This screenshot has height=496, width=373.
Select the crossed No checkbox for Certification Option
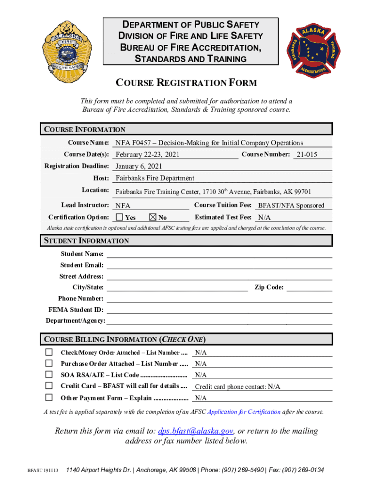[153, 217]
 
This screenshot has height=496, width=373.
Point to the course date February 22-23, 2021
[148, 155]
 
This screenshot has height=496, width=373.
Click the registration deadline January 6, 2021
[139, 167]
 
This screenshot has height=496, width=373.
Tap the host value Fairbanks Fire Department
[155, 178]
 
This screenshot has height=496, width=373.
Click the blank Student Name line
[219, 254]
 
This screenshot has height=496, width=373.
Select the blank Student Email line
[219, 265]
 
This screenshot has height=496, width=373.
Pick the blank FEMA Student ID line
[219, 310]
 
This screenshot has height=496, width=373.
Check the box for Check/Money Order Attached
[49, 352]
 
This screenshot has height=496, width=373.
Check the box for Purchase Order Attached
[49, 363]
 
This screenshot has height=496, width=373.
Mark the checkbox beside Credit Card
[49, 386]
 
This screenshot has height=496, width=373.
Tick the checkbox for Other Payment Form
[49, 398]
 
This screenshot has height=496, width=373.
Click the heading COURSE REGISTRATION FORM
[186, 83]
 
